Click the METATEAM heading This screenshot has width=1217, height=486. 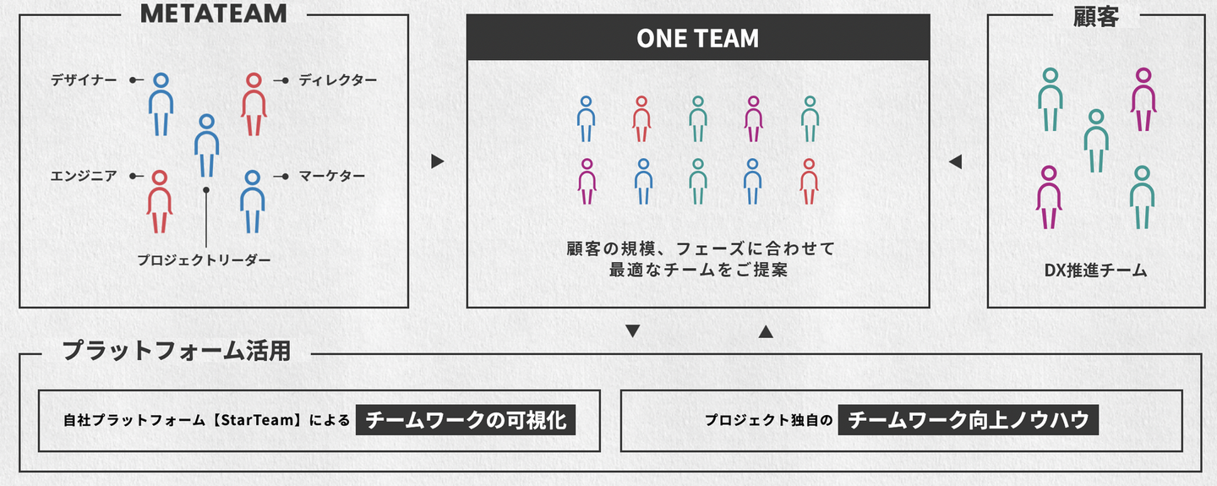tap(214, 13)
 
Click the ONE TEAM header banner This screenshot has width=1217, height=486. tap(698, 37)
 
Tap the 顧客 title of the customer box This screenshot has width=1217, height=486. tap(1096, 16)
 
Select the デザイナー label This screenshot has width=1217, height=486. tap(84, 80)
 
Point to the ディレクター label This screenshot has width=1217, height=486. tap(337, 80)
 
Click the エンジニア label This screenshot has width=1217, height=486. tap(84, 176)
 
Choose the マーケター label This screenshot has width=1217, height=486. tap(331, 176)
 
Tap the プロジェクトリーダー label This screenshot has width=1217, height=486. tap(204, 259)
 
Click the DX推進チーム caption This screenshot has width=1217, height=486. tap(1095, 270)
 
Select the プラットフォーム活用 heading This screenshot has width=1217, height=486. tap(177, 351)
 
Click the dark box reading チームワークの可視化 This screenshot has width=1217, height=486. tap(466, 420)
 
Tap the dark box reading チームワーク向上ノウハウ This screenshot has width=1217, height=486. tap(969, 420)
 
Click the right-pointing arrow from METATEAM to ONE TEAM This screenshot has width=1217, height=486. tap(438, 161)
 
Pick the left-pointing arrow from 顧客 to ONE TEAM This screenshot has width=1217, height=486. tap(956, 161)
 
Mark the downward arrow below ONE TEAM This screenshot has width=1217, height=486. tap(633, 331)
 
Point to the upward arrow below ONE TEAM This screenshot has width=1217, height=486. tap(766, 331)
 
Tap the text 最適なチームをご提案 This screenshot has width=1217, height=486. tap(698, 270)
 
